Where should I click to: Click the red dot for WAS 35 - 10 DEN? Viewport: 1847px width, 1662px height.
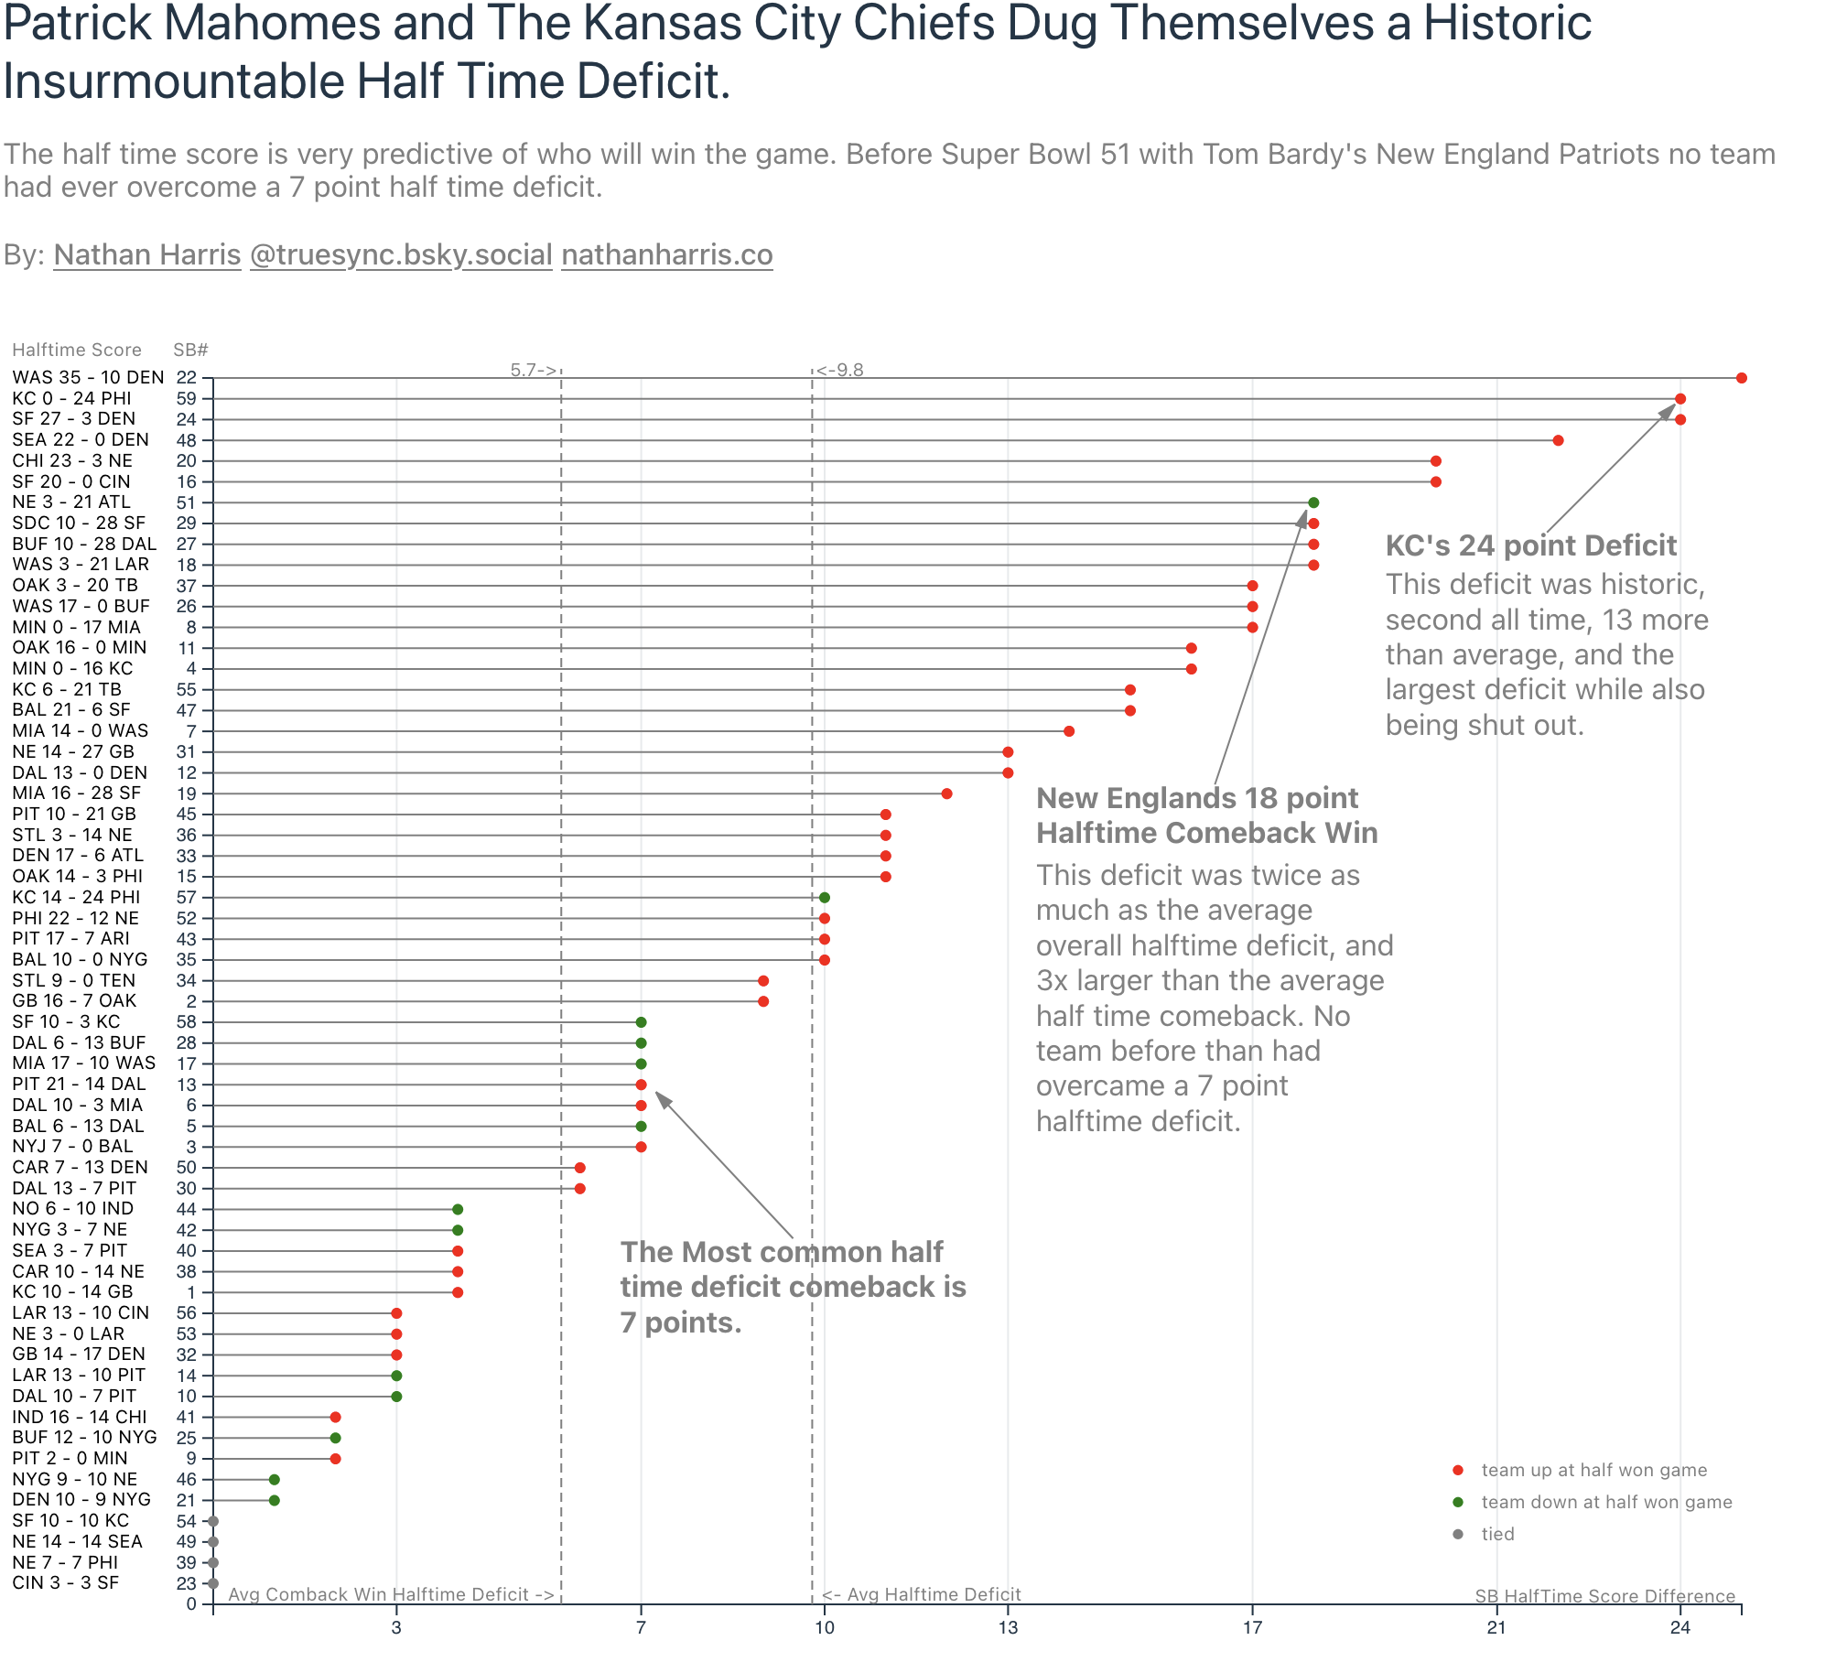click(x=1741, y=378)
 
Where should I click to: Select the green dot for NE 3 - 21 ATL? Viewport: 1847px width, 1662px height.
click(x=1313, y=502)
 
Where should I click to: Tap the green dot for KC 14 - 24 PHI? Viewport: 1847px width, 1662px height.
click(x=825, y=898)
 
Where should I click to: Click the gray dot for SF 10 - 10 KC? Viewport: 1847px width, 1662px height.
click(x=213, y=1521)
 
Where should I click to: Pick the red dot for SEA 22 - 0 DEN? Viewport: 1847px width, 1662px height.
click(x=1558, y=440)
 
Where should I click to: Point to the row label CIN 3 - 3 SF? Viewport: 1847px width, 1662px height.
click(x=65, y=1583)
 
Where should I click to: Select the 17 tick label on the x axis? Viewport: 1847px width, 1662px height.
click(x=1252, y=1627)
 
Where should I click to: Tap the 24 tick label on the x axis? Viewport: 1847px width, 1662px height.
click(x=1680, y=1627)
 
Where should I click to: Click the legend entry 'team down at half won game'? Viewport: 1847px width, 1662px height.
click(x=1606, y=1502)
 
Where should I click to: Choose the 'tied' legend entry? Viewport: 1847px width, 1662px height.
click(x=1497, y=1534)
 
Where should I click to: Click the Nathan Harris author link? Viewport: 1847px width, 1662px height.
click(x=147, y=254)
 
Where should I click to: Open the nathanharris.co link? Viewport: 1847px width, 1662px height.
click(x=667, y=254)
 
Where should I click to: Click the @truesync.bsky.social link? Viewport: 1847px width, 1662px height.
click(x=401, y=254)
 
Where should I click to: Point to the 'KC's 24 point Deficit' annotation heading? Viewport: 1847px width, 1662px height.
click(x=1530, y=545)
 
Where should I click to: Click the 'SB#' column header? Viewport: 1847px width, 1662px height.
click(x=190, y=351)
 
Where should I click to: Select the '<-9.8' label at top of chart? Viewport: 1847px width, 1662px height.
click(x=840, y=370)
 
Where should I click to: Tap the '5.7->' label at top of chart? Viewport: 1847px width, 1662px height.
click(x=534, y=370)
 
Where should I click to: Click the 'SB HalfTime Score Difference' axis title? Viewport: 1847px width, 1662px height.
click(x=1604, y=1596)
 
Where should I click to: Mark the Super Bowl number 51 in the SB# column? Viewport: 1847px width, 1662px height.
click(x=187, y=502)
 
